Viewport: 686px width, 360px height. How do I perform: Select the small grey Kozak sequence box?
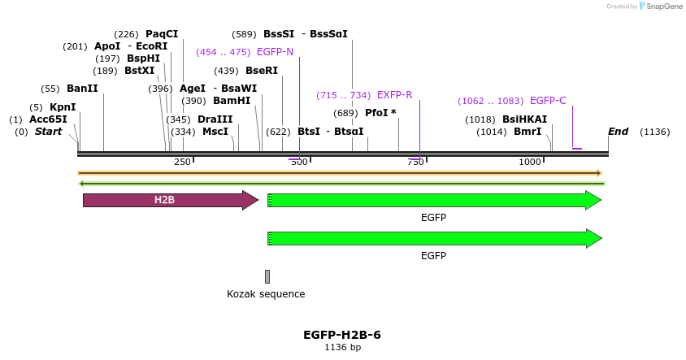pyautogui.click(x=267, y=276)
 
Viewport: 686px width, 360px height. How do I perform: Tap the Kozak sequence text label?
pyautogui.click(x=266, y=294)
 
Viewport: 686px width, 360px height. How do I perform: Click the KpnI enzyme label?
pyautogui.click(x=63, y=107)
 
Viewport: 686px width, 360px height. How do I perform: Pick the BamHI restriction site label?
pyautogui.click(x=232, y=101)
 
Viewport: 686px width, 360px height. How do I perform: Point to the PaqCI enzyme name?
pyautogui.click(x=162, y=34)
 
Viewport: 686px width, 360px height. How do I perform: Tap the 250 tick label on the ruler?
pyautogui.click(x=182, y=162)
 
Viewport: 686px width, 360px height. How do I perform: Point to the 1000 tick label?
pyautogui.click(x=530, y=162)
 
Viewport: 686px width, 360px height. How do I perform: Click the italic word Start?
pyautogui.click(x=48, y=132)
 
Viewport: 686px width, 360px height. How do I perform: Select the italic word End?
pyautogui.click(x=619, y=132)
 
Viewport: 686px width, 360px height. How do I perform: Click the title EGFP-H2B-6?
pyautogui.click(x=342, y=335)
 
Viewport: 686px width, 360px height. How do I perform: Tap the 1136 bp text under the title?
pyautogui.click(x=342, y=347)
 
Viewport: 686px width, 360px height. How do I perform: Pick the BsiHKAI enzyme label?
pyautogui.click(x=524, y=119)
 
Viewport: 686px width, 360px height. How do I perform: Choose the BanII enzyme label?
pyautogui.click(x=82, y=89)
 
